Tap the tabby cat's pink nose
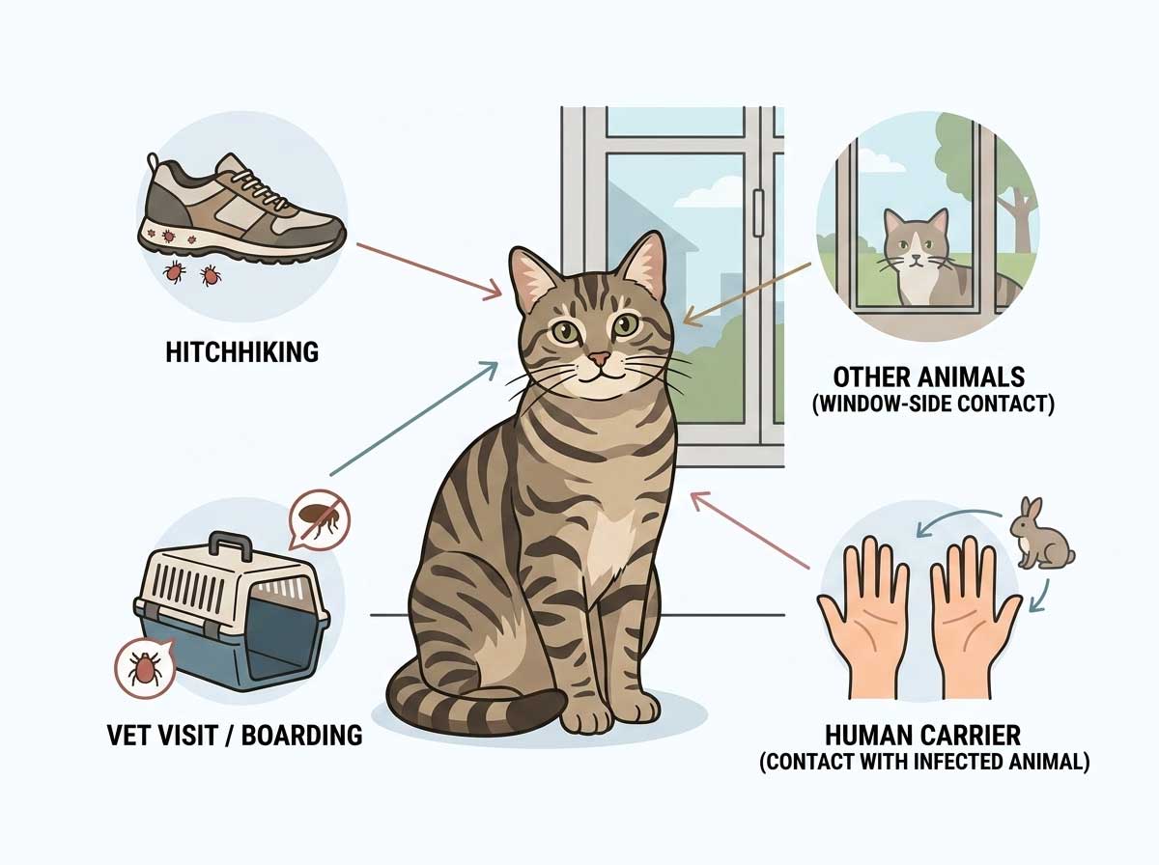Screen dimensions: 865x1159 (600, 359)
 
